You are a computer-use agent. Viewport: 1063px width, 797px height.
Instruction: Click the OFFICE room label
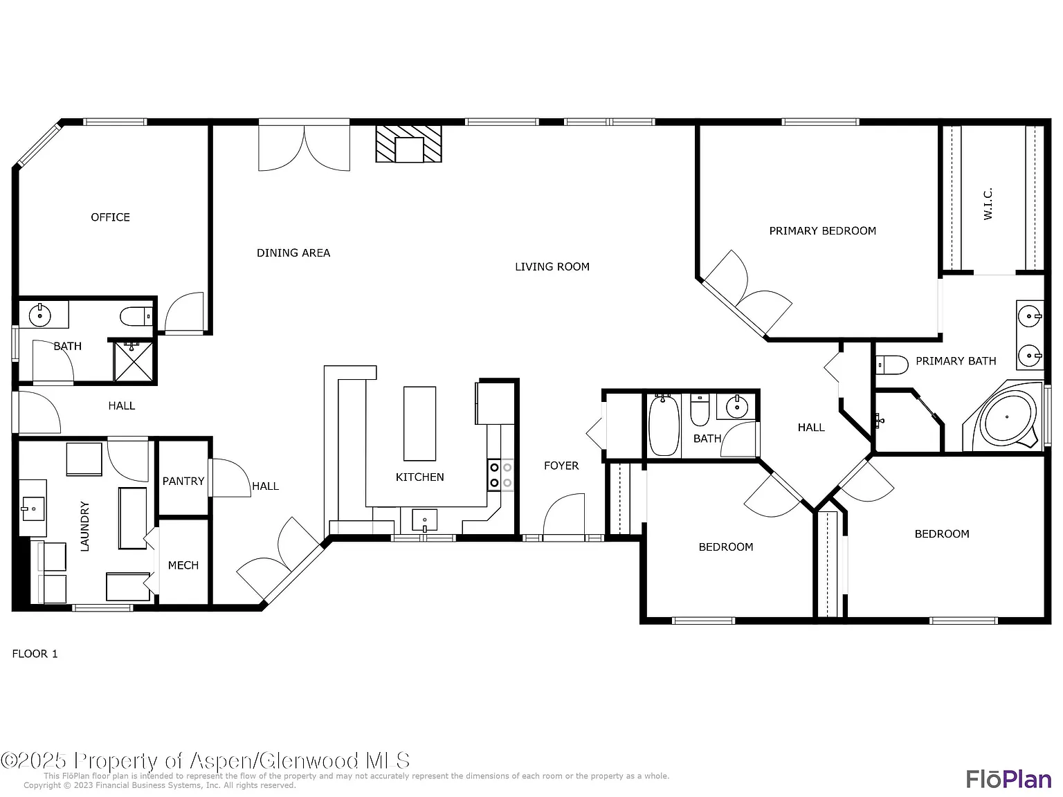(111, 217)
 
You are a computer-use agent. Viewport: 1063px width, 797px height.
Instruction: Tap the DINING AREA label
(293, 253)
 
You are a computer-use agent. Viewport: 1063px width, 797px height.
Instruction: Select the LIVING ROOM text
(552, 266)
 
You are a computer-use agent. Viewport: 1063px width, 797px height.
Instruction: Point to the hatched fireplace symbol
(409, 144)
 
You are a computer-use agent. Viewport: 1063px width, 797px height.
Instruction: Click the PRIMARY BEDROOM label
(823, 231)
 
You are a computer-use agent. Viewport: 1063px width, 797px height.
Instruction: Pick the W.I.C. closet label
(988, 203)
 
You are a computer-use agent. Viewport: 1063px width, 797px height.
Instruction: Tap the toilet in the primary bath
(891, 365)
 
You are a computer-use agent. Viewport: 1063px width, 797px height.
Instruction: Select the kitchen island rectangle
(419, 423)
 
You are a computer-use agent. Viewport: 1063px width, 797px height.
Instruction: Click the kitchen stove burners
(500, 475)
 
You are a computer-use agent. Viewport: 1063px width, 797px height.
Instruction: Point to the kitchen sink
(424, 520)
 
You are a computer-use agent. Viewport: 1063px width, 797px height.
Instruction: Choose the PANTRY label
(183, 481)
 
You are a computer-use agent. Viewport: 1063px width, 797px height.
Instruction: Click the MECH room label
(183, 565)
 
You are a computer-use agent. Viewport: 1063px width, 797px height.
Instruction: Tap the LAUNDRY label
(84, 526)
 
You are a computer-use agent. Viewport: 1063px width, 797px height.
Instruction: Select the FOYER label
(561, 466)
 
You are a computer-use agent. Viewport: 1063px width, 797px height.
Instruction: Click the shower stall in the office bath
(133, 361)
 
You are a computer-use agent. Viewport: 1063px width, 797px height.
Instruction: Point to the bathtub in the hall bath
(664, 425)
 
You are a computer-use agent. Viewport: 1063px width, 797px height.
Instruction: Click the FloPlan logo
(1009, 778)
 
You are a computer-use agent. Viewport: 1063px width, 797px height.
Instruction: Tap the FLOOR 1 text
(35, 654)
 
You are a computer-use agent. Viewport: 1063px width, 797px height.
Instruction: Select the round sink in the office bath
(39, 315)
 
